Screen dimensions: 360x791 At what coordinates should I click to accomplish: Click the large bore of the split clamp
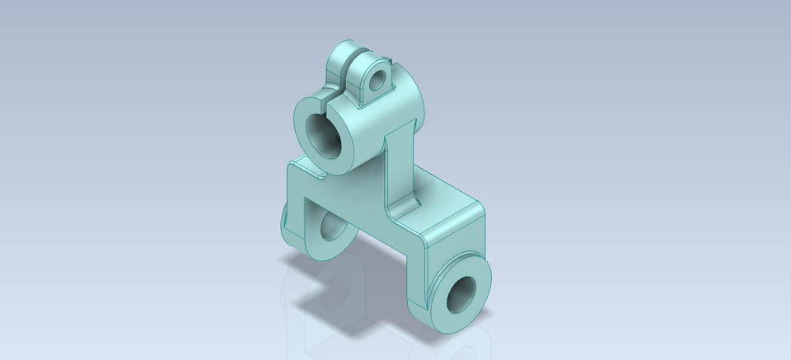325,137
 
